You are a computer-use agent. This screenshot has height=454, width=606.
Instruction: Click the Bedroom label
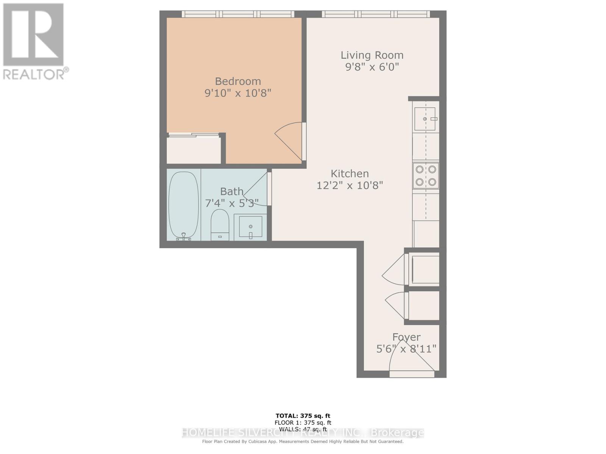point(238,81)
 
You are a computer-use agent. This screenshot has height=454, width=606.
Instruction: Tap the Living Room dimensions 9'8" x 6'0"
point(372,67)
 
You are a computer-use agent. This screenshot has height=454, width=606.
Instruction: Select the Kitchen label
point(350,174)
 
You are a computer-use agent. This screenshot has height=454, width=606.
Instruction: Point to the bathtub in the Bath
point(184,204)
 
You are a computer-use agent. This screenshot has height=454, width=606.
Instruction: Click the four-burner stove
point(426,176)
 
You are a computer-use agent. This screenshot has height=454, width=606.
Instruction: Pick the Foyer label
point(406,337)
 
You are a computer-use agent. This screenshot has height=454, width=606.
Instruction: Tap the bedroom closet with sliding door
point(194,149)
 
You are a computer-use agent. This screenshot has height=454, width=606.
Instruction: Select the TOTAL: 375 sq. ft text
point(303,416)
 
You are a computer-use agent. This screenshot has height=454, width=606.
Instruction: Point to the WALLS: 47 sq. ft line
point(303,429)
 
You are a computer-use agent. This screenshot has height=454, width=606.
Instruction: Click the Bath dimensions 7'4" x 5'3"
point(231,204)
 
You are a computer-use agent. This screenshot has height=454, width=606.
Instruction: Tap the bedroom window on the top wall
point(238,14)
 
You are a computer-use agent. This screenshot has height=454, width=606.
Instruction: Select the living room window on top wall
point(376,14)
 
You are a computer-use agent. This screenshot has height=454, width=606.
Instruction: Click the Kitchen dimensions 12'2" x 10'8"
point(350,185)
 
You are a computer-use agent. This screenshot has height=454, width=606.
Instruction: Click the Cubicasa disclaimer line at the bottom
point(303,442)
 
